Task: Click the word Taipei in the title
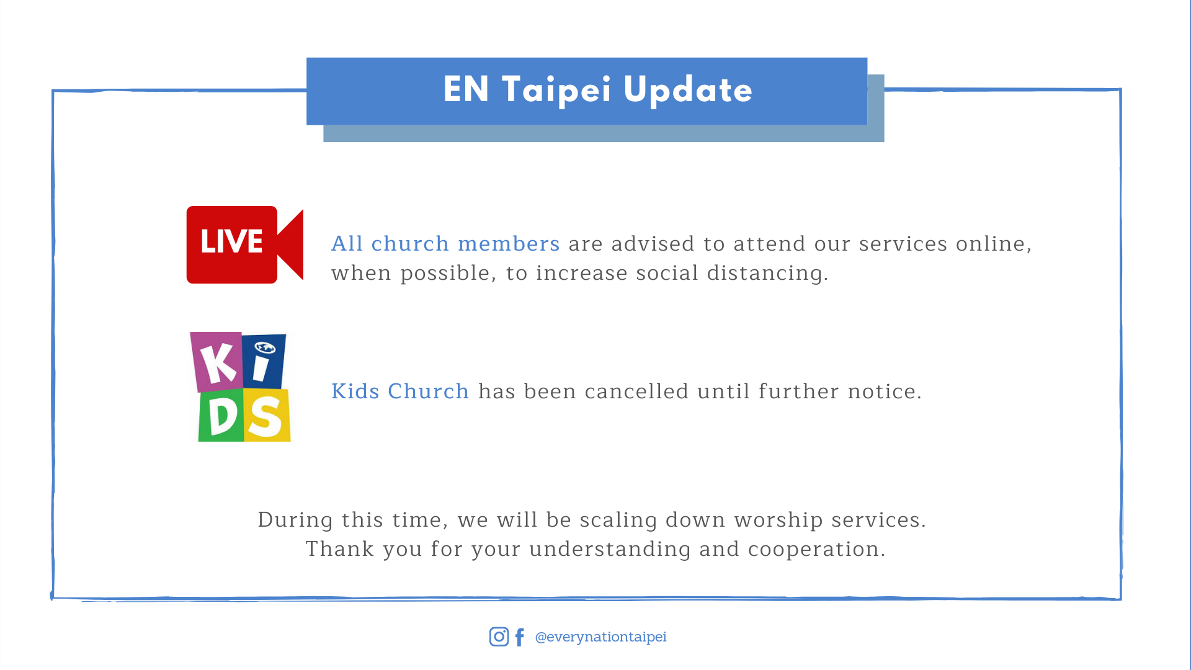(x=556, y=91)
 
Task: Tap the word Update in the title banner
(x=688, y=91)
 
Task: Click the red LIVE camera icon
(x=245, y=245)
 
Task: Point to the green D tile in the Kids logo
(x=221, y=415)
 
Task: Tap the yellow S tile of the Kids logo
(x=267, y=415)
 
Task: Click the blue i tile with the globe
(x=264, y=361)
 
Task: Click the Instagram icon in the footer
(x=499, y=636)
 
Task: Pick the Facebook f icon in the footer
(x=520, y=637)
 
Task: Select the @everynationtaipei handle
(x=600, y=637)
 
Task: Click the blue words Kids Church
(x=400, y=391)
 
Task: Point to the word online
(x=994, y=244)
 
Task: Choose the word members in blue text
(x=509, y=244)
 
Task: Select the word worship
(x=778, y=520)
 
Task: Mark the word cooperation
(x=816, y=550)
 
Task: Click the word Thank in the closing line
(x=340, y=549)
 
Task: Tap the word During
(x=295, y=520)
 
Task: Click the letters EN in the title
(x=466, y=89)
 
